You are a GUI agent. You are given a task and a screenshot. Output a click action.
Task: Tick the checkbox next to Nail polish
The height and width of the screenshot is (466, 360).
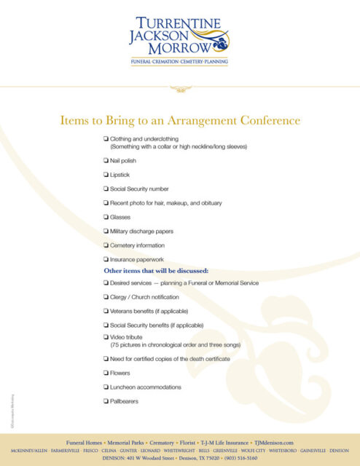(106, 161)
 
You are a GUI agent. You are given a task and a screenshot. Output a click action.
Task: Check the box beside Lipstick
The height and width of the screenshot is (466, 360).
(106, 175)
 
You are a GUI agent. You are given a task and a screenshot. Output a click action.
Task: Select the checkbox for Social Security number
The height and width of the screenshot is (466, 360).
(106, 189)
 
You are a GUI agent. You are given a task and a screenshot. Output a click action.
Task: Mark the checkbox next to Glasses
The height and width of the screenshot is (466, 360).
(106, 218)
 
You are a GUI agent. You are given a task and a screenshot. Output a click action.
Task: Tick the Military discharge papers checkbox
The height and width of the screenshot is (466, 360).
(106, 232)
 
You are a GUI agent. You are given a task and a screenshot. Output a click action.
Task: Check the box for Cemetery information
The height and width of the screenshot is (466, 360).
(106, 245)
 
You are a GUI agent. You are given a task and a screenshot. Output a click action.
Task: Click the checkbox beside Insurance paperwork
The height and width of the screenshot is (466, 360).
(106, 259)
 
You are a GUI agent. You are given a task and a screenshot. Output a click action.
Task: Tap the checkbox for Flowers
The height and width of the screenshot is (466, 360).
(106, 374)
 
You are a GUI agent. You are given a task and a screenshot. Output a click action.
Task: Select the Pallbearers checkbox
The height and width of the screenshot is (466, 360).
(106, 401)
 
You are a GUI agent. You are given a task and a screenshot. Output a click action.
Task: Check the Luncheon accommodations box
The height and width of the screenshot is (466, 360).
(106, 387)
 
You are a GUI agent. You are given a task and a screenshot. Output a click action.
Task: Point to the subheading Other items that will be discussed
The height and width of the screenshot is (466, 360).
(156, 271)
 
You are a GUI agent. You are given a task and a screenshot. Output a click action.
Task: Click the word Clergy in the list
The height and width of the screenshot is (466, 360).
(122, 297)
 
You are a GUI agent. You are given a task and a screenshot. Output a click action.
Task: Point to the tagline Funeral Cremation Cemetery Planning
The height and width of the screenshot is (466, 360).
(179, 63)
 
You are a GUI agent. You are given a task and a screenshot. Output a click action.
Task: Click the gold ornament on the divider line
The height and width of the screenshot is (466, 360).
(179, 89)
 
